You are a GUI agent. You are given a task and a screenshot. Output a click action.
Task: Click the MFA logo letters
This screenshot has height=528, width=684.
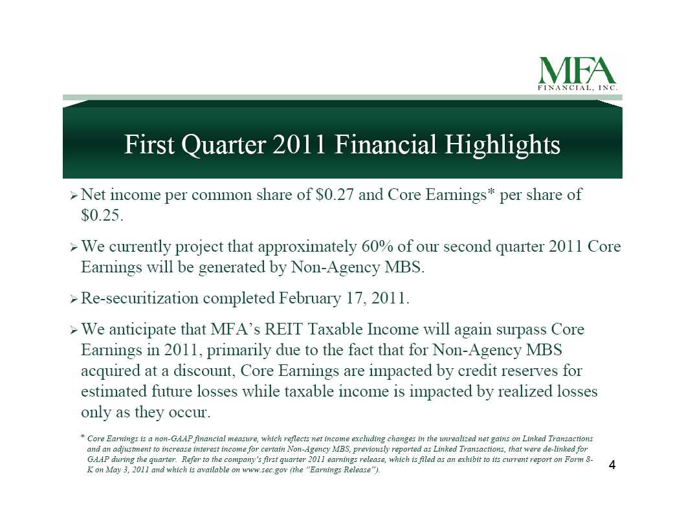click(577, 70)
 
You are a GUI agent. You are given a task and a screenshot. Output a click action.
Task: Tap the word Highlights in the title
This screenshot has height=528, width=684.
click(502, 145)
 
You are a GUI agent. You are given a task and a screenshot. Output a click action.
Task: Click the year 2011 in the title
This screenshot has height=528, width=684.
click(299, 144)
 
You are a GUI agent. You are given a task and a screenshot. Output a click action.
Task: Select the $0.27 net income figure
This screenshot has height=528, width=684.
click(334, 195)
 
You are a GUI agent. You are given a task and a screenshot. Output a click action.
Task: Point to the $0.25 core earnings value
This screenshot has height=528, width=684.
click(102, 215)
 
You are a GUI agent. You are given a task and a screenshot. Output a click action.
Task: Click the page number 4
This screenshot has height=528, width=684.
click(612, 465)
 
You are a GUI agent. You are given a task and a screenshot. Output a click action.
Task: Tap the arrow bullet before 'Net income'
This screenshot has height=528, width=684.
click(74, 196)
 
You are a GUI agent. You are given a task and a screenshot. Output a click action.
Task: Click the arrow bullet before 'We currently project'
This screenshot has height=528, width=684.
click(74, 248)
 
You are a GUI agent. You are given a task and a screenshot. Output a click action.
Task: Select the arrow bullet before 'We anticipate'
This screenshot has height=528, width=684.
click(74, 331)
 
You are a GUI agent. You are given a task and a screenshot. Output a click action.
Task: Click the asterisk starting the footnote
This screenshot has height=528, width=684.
click(82, 436)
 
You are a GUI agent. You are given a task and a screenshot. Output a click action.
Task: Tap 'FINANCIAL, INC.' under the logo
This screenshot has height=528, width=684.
click(578, 88)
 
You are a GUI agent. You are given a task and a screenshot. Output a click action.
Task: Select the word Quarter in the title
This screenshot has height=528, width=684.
click(223, 145)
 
